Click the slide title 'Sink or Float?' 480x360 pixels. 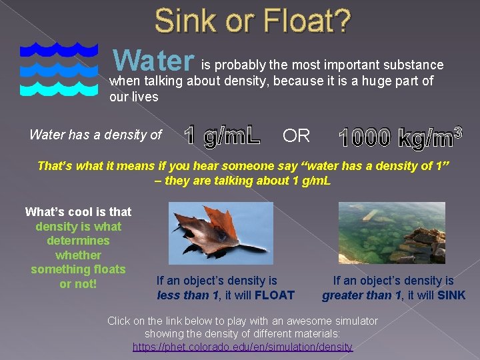tap(252, 21)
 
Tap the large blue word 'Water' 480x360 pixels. tap(154, 61)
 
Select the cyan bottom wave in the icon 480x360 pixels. tap(59, 87)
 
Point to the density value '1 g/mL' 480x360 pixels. tap(223, 135)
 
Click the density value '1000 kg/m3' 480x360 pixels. tap(400, 137)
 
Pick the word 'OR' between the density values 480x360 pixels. tap(296, 136)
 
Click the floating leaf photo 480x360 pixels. tap(221, 233)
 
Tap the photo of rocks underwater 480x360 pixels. tap(391, 233)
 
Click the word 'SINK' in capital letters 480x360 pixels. tap(451, 295)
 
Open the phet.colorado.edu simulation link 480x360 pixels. tap(243, 347)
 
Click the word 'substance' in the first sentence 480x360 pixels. tap(415, 65)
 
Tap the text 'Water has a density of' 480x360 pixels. tap(95, 135)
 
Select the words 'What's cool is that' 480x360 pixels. tap(78, 212)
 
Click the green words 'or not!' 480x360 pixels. tap(78, 284)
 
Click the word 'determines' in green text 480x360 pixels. tap(78, 241)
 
